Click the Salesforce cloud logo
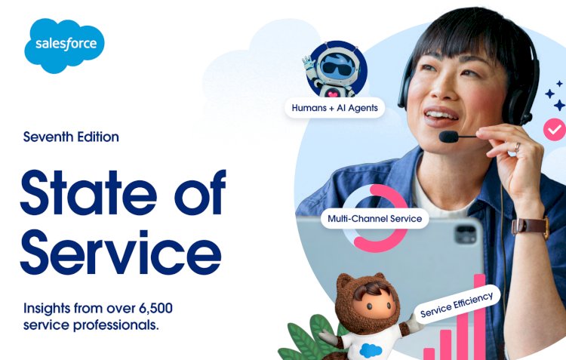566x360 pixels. pos(65,45)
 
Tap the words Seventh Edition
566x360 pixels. pos(71,137)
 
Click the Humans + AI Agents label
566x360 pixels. pos(335,108)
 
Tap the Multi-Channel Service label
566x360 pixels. pos(375,220)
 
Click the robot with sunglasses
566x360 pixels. pos(334,72)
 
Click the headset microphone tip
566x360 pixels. pos(449,137)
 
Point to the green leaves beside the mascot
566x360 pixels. pos(306,340)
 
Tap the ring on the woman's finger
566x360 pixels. pos(518,146)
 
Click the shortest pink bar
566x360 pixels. pos(429,352)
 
